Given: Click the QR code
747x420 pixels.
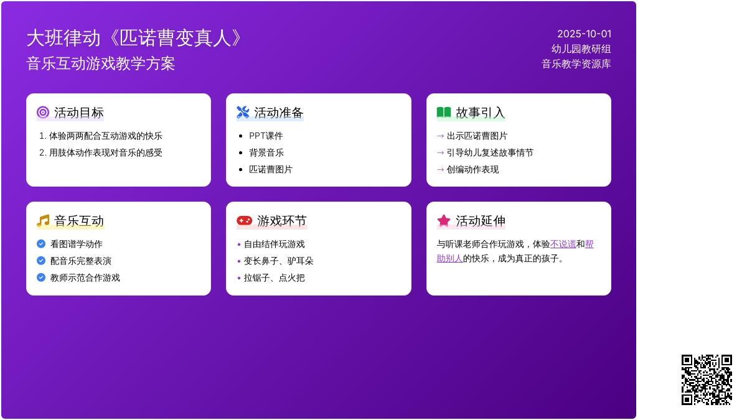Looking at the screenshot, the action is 707,380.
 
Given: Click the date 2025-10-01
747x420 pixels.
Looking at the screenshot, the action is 584,34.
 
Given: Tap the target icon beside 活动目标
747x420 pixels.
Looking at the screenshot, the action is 43,113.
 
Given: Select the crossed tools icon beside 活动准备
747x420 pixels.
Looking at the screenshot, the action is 243,113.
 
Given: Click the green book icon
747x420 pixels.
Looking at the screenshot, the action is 443,113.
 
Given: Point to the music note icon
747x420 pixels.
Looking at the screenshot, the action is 43,221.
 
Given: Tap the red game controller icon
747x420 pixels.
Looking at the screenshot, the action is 244,221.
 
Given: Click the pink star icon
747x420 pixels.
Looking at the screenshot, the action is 443,220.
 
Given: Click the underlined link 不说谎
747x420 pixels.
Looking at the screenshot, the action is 563,245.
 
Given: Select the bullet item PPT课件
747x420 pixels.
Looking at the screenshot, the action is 266,136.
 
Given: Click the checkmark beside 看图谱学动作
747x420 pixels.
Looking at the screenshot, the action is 41,244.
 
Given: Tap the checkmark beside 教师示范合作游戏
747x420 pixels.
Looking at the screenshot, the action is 41,278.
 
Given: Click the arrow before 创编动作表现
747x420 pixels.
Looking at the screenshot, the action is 440,170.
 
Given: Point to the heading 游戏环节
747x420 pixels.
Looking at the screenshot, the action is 281,221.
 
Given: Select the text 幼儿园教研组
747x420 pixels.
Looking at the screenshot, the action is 581,49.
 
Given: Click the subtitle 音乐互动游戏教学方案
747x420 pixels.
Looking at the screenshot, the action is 101,63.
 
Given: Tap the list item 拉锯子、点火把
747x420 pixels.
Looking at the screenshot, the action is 274,278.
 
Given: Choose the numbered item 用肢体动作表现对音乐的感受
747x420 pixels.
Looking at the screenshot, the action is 105,152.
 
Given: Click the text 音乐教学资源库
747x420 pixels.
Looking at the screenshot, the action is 576,64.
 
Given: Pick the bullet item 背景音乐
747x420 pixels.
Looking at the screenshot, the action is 266,152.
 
